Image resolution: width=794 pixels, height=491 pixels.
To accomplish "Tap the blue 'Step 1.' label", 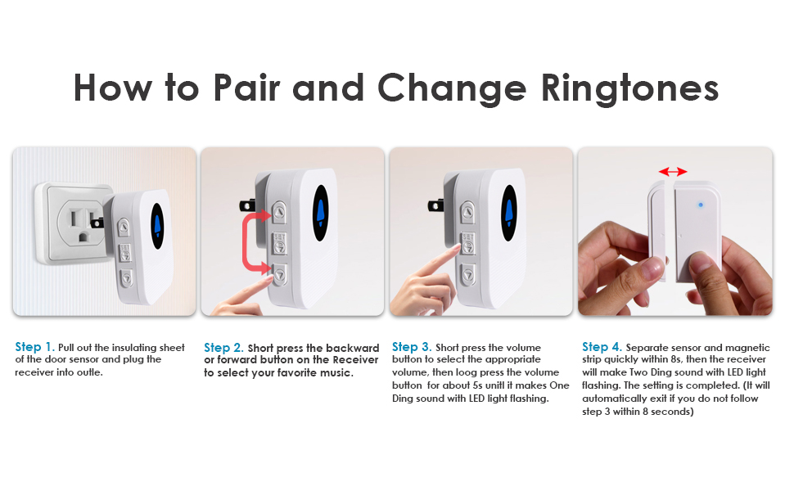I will (x=34, y=347).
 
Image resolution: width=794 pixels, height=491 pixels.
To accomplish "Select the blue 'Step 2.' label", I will (x=223, y=348).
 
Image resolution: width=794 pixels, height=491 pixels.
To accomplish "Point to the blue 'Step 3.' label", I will (x=412, y=347).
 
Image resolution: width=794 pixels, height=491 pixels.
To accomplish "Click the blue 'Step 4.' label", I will (x=602, y=347).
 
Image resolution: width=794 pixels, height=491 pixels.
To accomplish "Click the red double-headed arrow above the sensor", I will (x=673, y=171).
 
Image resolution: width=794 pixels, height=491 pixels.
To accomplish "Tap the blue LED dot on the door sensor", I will (x=701, y=205).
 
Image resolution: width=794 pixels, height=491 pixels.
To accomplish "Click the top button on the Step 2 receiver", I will (x=279, y=211).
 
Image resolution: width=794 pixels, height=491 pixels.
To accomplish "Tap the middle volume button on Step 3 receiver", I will (x=467, y=242).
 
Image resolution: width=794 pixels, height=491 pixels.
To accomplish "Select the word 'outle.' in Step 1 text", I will (x=88, y=372).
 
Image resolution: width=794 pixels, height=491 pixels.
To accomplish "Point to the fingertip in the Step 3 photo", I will (x=449, y=253).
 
